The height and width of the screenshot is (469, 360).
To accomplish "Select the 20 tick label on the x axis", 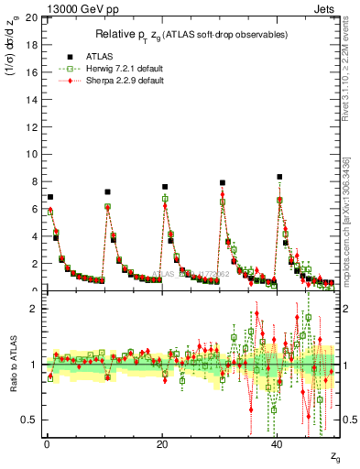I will coord(161,444).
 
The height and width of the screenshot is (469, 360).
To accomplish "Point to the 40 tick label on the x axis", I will coord(277,444).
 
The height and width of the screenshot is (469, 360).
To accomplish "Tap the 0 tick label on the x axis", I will coord(46,444).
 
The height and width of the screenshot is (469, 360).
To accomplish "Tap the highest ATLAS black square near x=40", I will coord(279,177).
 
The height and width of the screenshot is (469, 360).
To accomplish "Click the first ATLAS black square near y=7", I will coord(50,197).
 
